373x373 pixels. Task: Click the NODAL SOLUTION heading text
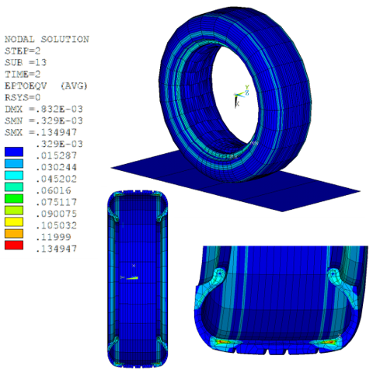tap(47, 39)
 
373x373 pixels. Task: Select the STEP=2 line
tap(24, 49)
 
